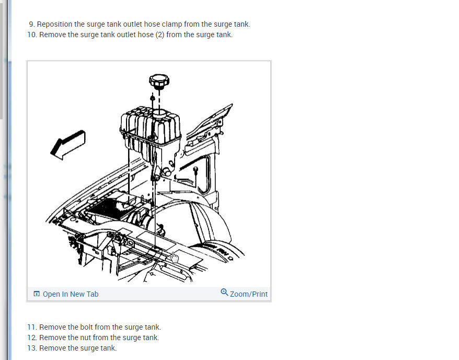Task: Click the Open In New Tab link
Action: (x=70, y=294)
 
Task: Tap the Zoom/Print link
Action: (x=249, y=294)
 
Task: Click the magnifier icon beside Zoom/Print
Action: (x=224, y=292)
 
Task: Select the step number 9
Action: (x=31, y=24)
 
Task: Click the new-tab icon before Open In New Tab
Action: (x=37, y=294)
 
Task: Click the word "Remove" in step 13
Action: (x=52, y=348)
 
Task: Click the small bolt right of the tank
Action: (x=195, y=170)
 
